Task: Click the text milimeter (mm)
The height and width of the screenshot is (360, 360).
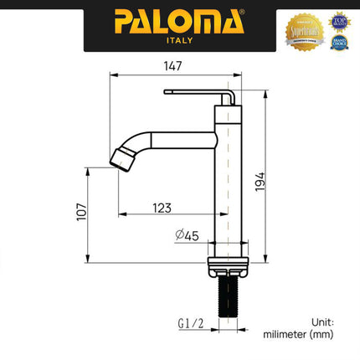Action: [x=298, y=334]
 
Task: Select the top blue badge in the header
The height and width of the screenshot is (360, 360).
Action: [x=338, y=18]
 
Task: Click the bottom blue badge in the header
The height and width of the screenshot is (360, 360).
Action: [x=338, y=41]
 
